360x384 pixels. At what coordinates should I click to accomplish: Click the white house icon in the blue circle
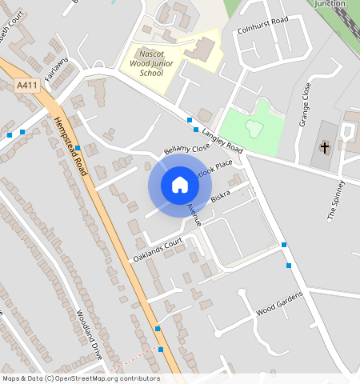tap(180, 185)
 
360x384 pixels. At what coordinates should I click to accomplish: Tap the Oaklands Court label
tap(158, 251)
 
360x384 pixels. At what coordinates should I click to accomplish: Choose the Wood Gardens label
tap(279, 303)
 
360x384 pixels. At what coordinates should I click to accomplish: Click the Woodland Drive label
tap(90, 334)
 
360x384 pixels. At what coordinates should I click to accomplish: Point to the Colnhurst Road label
tap(262, 26)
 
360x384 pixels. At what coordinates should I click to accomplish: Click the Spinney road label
tap(335, 200)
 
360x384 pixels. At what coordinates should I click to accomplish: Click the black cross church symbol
tap(325, 147)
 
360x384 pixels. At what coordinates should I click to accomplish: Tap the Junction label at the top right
tap(330, 4)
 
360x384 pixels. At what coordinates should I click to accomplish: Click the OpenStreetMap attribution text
tap(80, 378)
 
